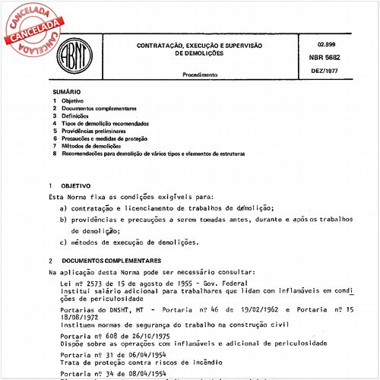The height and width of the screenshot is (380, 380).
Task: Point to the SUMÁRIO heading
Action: point(65,91)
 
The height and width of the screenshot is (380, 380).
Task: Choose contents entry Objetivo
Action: point(73,101)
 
